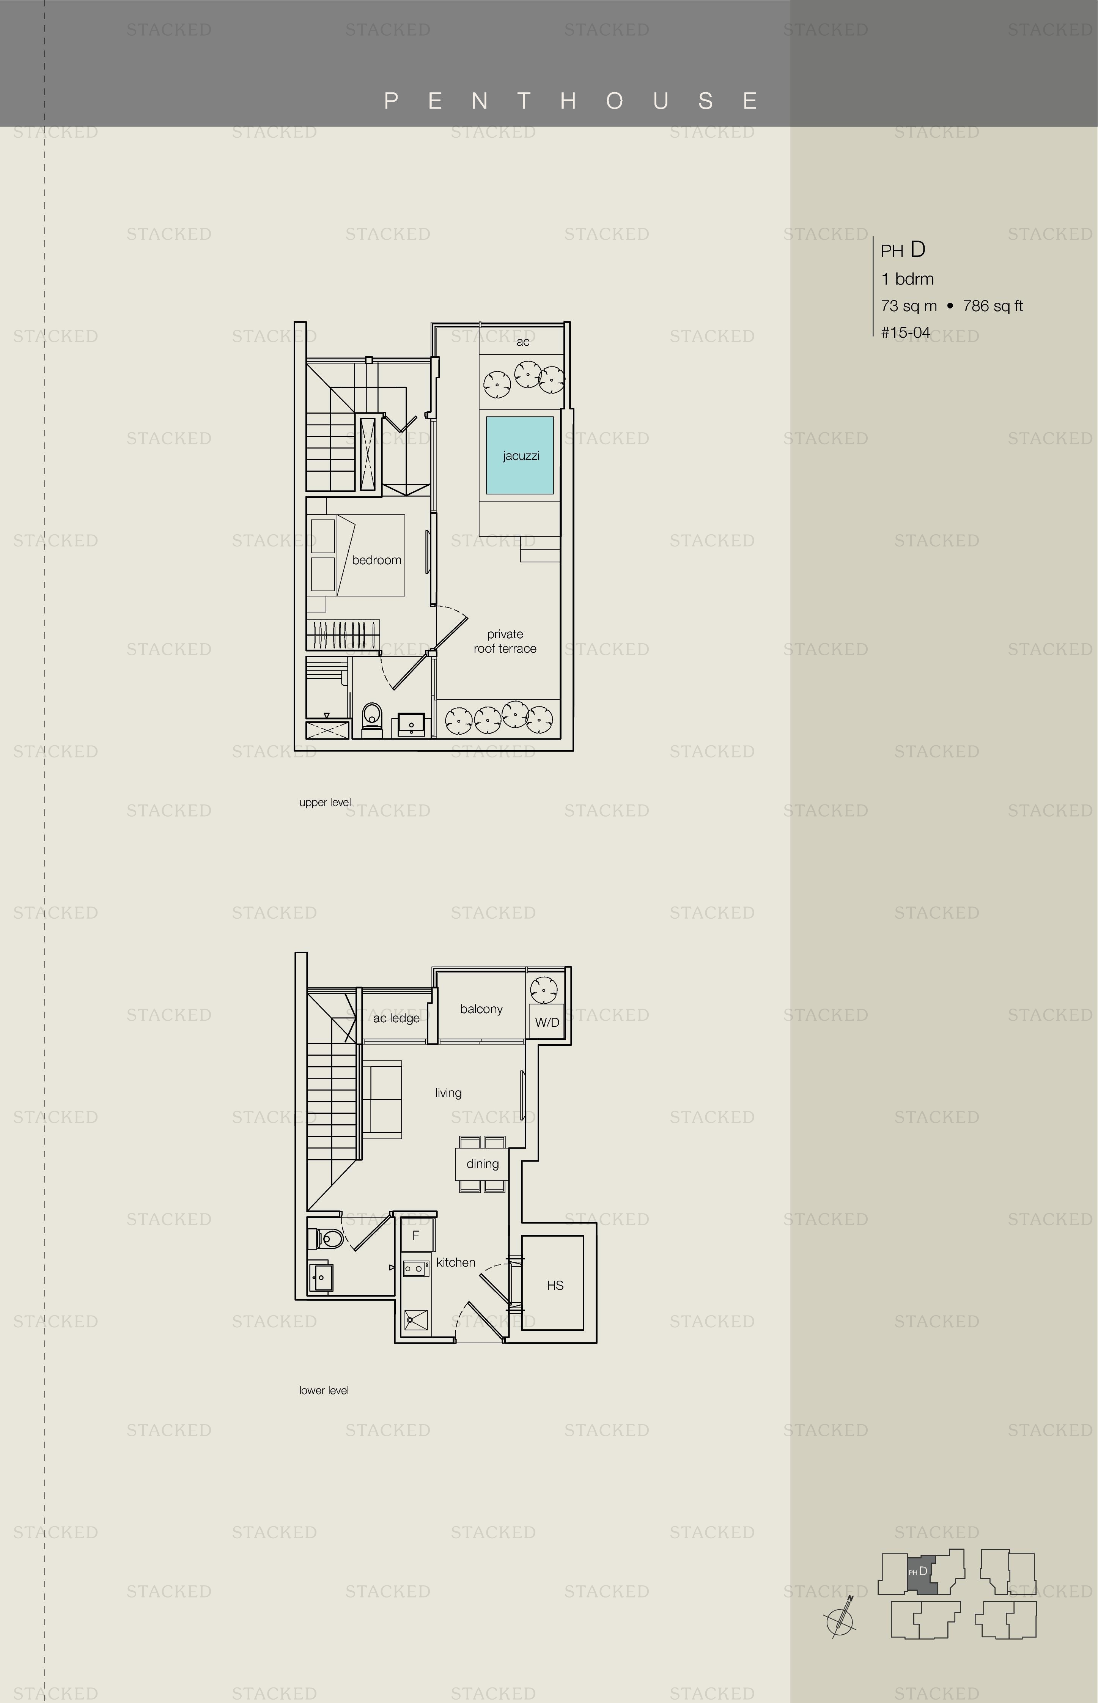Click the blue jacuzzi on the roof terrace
520,455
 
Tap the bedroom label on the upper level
376,560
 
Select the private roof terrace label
505,641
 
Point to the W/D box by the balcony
547,1022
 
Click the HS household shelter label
555,1285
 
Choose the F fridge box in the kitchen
416,1235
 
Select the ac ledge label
396,1018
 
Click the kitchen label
456,1262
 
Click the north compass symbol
841,1623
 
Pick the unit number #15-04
906,332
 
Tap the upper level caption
325,802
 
